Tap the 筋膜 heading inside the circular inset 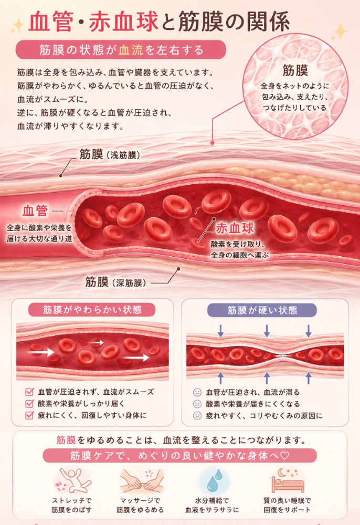click(295, 70)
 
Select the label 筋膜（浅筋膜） click(109, 155)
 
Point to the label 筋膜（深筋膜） click(115, 282)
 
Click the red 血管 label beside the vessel click(36, 211)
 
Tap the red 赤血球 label click(235, 228)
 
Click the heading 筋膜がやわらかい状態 click(92, 310)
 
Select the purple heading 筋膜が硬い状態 click(262, 310)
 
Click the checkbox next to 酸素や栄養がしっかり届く click(30, 403)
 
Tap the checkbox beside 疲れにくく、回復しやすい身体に click(30, 415)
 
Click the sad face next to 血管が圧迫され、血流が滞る click(197, 392)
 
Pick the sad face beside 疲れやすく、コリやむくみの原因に click(197, 415)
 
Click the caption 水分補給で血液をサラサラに click(212, 505)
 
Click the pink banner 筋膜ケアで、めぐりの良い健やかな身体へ click(179, 455)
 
